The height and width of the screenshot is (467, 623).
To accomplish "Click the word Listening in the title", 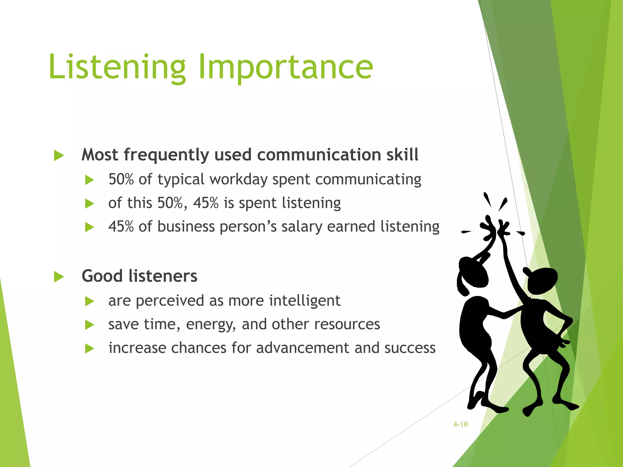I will (x=117, y=67).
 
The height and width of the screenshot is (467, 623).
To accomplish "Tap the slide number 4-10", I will (x=460, y=424).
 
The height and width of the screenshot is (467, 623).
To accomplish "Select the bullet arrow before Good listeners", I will (x=59, y=277).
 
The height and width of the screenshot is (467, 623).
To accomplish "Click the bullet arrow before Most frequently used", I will (x=59, y=155).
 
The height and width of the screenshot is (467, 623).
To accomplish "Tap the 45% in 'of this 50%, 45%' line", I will (x=206, y=203).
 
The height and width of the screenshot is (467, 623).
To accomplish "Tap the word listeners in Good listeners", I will (x=163, y=276).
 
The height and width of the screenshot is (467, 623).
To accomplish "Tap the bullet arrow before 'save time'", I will (x=89, y=325).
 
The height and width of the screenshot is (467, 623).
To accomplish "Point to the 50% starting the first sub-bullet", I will (x=121, y=179).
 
